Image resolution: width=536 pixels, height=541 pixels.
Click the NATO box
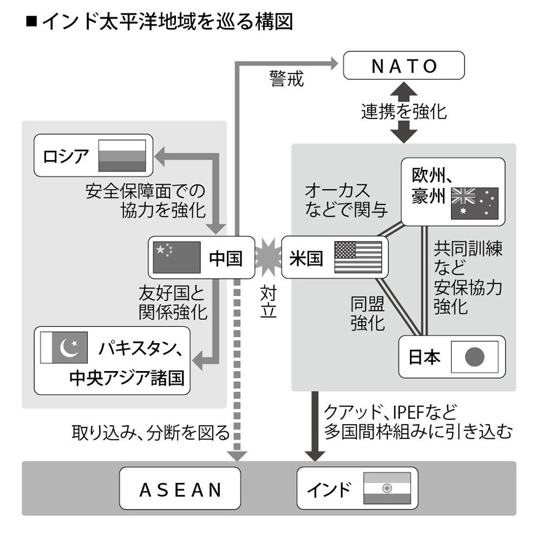[x=404, y=65]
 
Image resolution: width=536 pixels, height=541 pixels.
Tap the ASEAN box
[x=180, y=489]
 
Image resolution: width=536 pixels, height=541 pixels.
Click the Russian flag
[x=122, y=156]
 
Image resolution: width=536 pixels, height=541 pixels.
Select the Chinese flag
[x=177, y=257]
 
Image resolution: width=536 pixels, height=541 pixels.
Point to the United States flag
[x=357, y=257]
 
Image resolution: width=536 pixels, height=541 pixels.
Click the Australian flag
[x=475, y=203]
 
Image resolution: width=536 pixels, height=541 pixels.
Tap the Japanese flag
[x=474, y=357]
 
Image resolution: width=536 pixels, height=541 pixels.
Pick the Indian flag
[x=387, y=489]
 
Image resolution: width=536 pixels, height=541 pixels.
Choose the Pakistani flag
[x=63, y=348]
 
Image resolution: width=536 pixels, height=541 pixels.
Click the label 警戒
[x=286, y=79]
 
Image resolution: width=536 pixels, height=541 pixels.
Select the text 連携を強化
[x=404, y=111]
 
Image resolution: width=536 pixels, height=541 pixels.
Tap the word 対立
[x=269, y=303]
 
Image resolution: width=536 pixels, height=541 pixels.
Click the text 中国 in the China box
[x=225, y=258]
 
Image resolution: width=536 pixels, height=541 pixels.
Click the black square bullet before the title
[x=32, y=22]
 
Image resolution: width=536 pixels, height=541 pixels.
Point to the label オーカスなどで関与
[x=338, y=200]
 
